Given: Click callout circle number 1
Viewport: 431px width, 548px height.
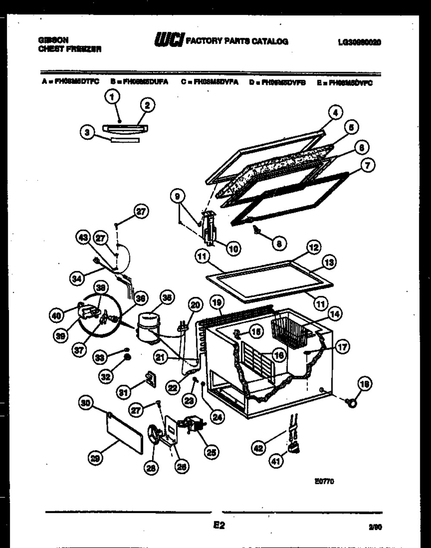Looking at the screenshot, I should tap(112, 97).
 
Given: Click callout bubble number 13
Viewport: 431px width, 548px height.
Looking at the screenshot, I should tap(330, 262).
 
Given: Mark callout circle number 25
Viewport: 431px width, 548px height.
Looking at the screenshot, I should tap(211, 452).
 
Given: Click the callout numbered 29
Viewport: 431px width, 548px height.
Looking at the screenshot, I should tap(94, 460).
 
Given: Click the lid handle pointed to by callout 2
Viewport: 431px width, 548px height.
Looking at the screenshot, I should tap(125, 128).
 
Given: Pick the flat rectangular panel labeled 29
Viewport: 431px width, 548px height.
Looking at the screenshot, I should tap(125, 432).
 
